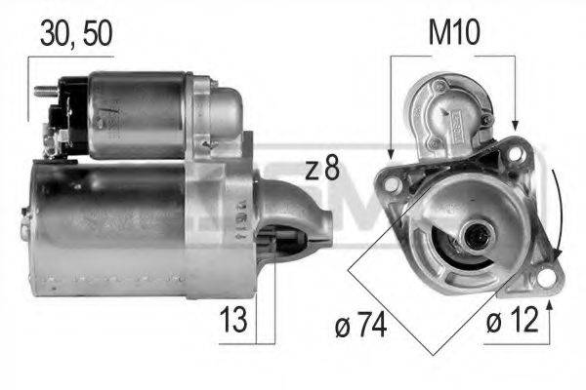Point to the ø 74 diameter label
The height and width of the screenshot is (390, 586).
[x=358, y=325]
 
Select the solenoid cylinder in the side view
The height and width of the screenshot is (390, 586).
[x=142, y=115]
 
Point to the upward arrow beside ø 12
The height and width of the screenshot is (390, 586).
[x=550, y=310]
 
